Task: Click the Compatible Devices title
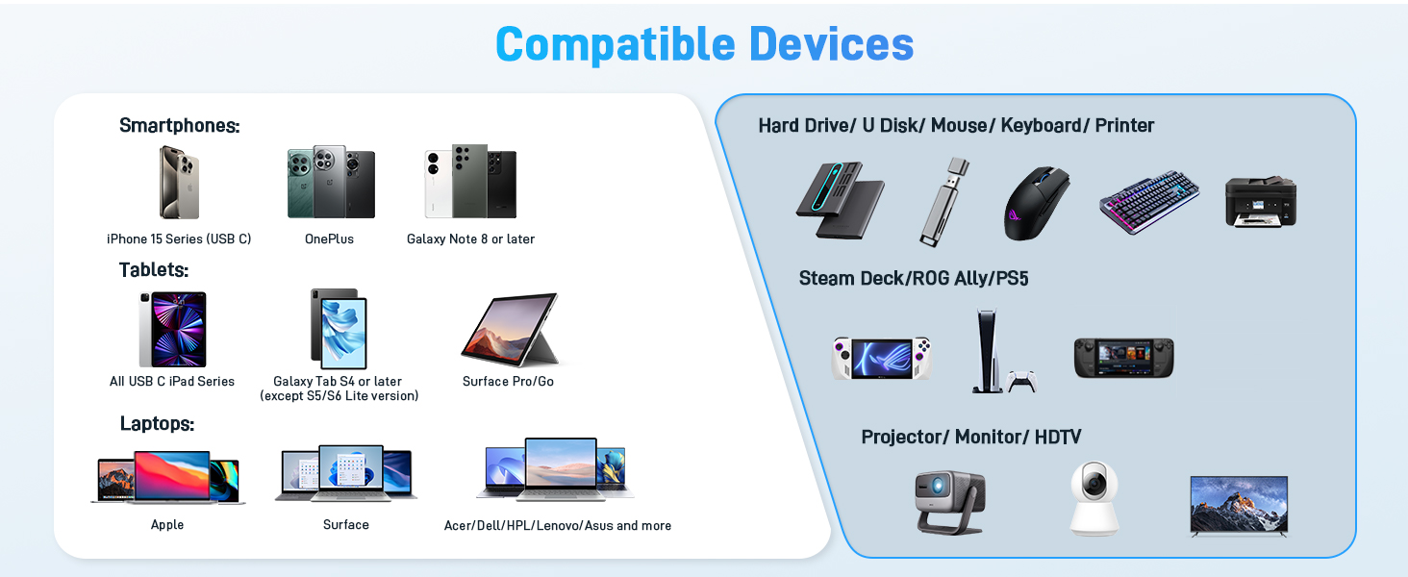pyautogui.click(x=704, y=44)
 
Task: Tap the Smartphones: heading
pyautogui.click(x=179, y=125)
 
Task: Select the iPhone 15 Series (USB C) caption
pyautogui.click(x=179, y=238)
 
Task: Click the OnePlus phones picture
pyautogui.click(x=331, y=182)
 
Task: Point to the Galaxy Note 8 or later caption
pyautogui.click(x=470, y=238)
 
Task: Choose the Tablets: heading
pyautogui.click(x=154, y=269)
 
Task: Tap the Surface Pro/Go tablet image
pyautogui.click(x=510, y=330)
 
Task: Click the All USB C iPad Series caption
pyautogui.click(x=172, y=381)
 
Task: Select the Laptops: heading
pyautogui.click(x=157, y=423)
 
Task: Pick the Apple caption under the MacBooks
pyautogui.click(x=167, y=524)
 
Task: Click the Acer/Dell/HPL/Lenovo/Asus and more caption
pyautogui.click(x=558, y=525)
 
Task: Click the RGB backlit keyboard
pyautogui.click(x=1149, y=202)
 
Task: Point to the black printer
pyautogui.click(x=1261, y=202)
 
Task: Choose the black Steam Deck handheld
pyautogui.click(x=1123, y=358)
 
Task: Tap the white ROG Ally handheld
pyautogui.click(x=881, y=358)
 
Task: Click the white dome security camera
pyautogui.click(x=1094, y=497)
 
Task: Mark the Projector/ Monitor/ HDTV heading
pyautogui.click(x=971, y=437)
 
